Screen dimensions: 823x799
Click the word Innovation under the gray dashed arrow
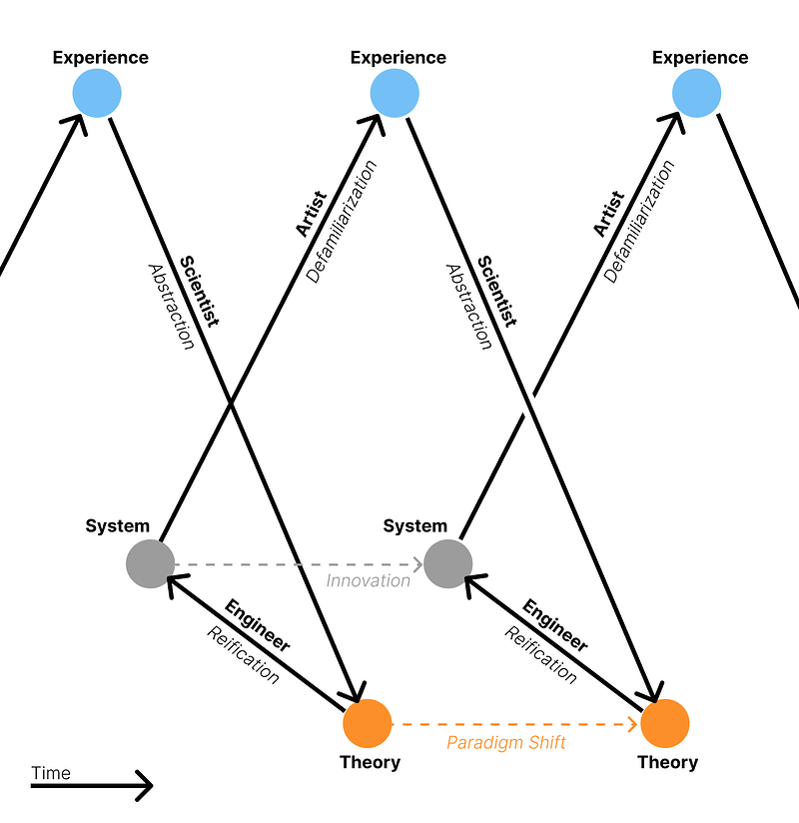pos(369,580)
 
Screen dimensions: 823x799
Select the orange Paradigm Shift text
pos(505,742)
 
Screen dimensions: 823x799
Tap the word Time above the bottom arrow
pos(51,772)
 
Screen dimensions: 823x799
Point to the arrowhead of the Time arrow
pos(148,786)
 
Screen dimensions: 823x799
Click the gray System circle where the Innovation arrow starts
pos(150,564)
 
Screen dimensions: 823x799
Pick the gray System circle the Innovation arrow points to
pos(447,564)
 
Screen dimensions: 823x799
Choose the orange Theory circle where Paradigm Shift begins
pos(367,723)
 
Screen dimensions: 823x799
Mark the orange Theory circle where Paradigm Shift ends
pos(664,723)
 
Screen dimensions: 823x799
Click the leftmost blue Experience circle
pos(97,94)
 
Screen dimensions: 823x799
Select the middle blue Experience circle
pos(395,94)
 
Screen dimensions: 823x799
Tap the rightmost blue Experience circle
pos(696,94)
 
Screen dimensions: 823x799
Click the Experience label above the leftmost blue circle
pos(100,57)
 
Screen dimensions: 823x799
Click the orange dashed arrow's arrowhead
pos(633,723)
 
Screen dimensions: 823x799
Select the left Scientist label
pos(198,291)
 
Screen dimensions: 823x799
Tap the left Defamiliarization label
pos(343,222)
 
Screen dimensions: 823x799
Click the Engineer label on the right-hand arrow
pos(554,625)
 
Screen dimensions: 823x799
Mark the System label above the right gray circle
pos(415,525)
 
